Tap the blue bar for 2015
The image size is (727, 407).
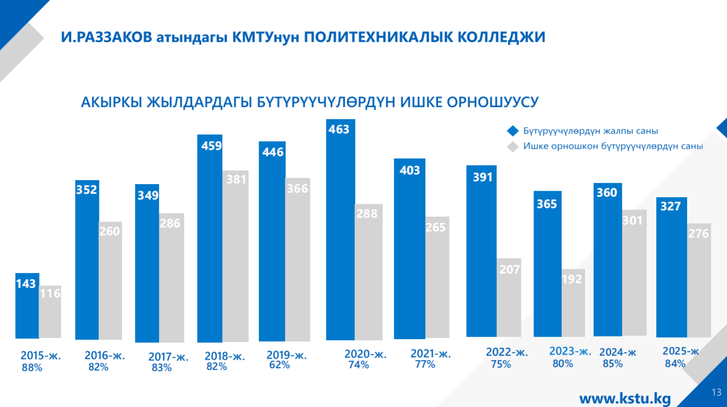(x=27, y=308)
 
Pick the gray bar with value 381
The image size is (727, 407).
(x=235, y=257)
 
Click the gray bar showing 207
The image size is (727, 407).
(x=509, y=299)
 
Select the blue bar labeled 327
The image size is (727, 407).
(x=671, y=268)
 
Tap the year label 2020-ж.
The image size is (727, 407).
(x=365, y=354)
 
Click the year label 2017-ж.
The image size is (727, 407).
(x=168, y=357)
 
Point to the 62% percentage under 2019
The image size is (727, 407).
(x=279, y=365)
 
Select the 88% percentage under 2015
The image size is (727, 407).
(x=32, y=368)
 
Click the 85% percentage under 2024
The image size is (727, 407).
(x=612, y=363)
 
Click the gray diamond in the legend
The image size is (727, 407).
(x=513, y=146)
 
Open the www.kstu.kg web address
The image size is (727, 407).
(x=625, y=398)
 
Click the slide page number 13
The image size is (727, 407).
(x=717, y=392)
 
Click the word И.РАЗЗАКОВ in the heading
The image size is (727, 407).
(x=107, y=38)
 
